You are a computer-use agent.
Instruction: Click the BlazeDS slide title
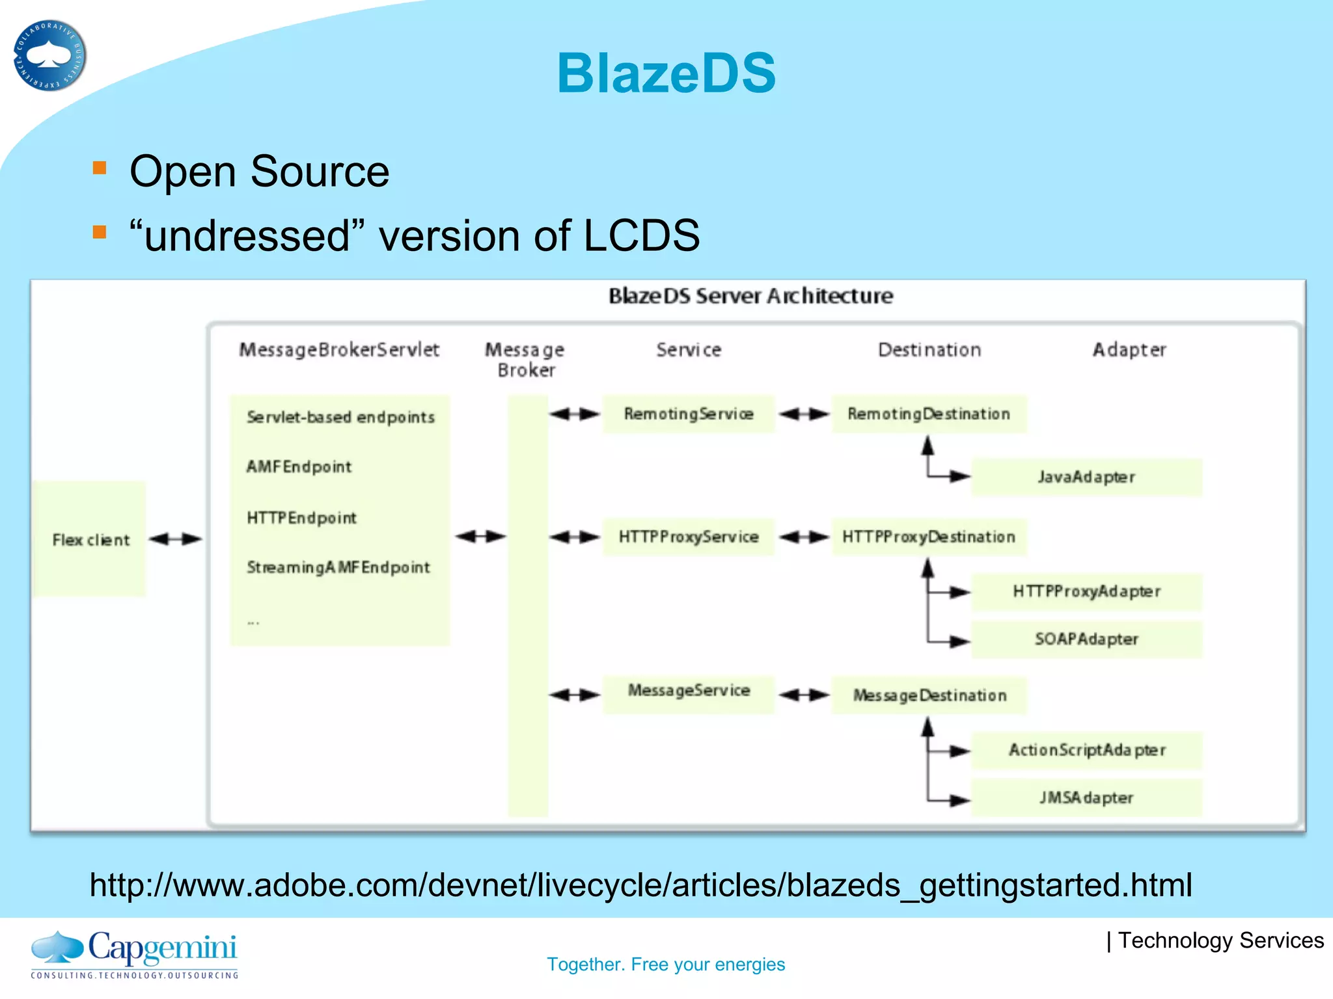[x=666, y=73]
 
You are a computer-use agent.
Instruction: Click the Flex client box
[x=90, y=539]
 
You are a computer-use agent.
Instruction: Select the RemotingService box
[x=688, y=414]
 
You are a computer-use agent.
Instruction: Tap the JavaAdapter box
[x=1086, y=477]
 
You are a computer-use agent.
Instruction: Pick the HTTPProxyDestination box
[x=929, y=537]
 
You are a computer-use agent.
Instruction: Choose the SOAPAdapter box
[x=1086, y=639]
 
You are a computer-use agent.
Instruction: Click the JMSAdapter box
[x=1086, y=798]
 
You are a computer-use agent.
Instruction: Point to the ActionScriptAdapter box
[x=1086, y=751]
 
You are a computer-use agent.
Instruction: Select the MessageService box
[x=688, y=691]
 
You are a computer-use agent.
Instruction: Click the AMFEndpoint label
[x=299, y=467]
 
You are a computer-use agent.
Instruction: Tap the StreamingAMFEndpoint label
[x=338, y=568]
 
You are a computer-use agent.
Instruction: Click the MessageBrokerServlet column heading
[x=339, y=350]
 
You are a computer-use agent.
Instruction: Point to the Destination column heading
[x=929, y=350]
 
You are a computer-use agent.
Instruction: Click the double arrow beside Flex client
[x=175, y=539]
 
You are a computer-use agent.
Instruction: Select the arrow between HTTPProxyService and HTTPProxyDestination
[x=804, y=537]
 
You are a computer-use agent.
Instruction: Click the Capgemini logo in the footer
[x=135, y=953]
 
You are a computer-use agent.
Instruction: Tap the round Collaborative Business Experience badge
[x=49, y=56]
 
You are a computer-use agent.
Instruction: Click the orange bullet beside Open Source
[x=100, y=168]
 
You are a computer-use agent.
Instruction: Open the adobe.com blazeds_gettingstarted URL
[x=640, y=885]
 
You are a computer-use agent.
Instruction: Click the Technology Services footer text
[x=1215, y=940]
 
